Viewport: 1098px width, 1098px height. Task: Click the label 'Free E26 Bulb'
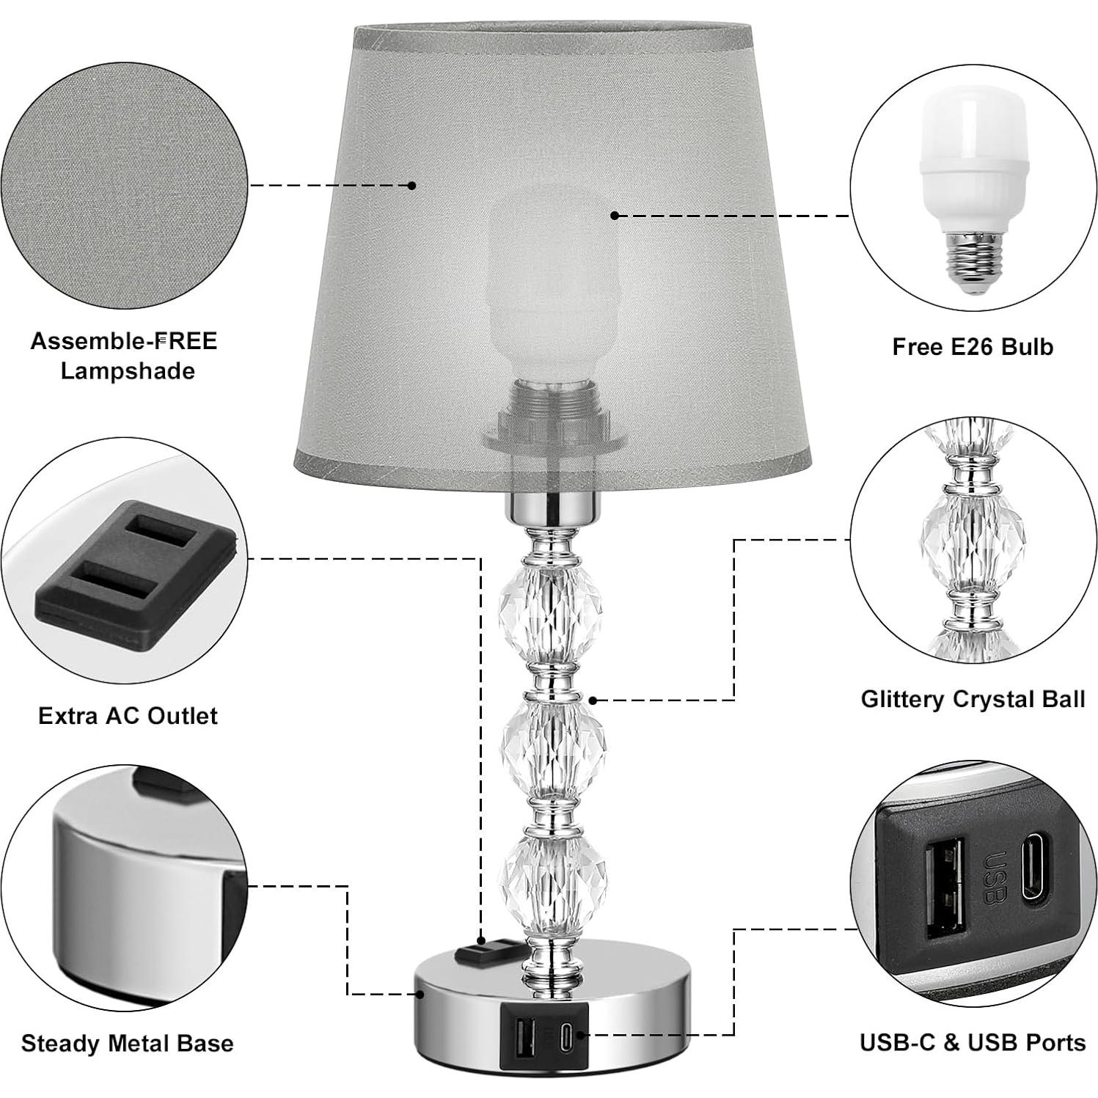[x=972, y=346]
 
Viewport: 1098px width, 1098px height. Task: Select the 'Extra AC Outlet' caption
[x=128, y=715]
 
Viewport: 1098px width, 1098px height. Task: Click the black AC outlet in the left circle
[x=136, y=572]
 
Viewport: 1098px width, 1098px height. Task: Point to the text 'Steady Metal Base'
[x=127, y=1042]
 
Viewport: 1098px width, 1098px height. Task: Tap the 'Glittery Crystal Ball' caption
[x=973, y=698]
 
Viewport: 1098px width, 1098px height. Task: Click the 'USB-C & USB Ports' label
[x=973, y=1042]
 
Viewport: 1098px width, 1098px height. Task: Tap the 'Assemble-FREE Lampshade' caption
[x=124, y=356]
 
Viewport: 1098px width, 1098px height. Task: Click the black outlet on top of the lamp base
[x=482, y=953]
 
